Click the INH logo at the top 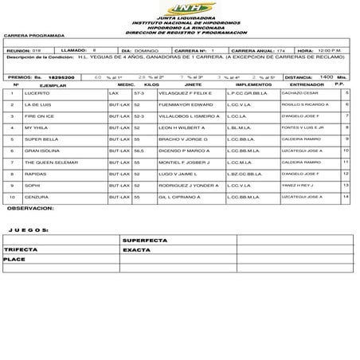179,8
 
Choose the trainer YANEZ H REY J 298,184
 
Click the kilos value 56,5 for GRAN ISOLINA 138,151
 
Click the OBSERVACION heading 29,208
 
